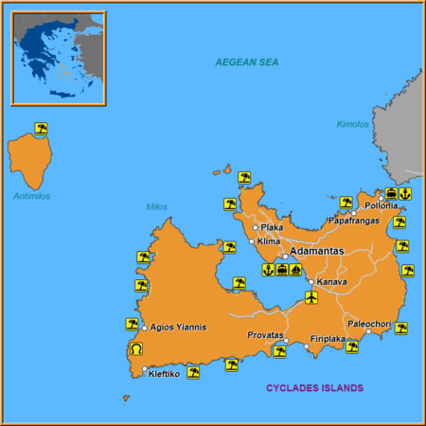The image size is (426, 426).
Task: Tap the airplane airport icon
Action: [312, 298]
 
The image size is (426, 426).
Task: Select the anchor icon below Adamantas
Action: [268, 270]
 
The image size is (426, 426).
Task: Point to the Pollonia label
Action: [382, 205]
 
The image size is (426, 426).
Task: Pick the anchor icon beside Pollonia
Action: [405, 194]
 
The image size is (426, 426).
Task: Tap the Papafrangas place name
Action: [353, 221]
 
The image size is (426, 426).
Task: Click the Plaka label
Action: [273, 227]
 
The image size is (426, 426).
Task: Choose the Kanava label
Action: [332, 282]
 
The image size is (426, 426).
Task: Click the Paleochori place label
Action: [368, 323]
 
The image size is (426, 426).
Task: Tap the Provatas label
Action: [265, 335]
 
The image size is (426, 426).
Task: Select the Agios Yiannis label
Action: [178, 328]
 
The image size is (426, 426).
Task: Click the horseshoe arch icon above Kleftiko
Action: [133, 350]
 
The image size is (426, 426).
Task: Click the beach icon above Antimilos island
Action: [41, 128]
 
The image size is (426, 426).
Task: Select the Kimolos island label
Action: [352, 124]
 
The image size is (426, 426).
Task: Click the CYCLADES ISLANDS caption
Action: [314, 388]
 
